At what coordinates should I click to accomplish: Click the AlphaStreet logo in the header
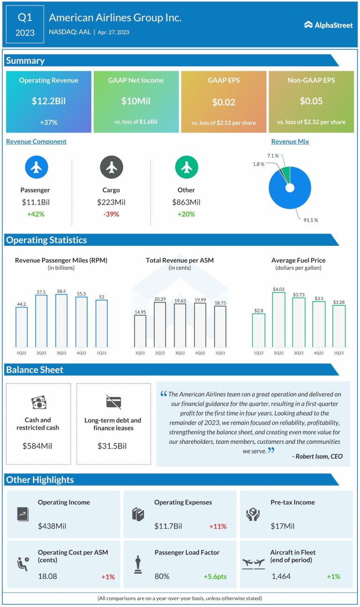[328, 25]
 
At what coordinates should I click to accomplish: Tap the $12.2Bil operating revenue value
[48, 101]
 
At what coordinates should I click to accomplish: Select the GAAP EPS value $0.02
[224, 102]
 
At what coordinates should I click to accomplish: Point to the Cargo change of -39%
[111, 214]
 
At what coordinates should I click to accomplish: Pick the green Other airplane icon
[186, 167]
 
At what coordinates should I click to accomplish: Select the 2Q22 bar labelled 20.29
[160, 324]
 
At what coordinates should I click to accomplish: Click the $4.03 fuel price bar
[278, 319]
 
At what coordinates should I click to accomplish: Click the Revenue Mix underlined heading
[290, 141]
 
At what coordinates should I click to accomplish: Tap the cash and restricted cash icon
[38, 402]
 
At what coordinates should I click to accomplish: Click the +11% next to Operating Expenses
[217, 526]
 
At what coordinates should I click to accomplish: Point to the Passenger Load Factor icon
[138, 564]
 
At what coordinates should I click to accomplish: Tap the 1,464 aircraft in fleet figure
[281, 576]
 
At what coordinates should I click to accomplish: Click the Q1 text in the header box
[26, 18]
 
